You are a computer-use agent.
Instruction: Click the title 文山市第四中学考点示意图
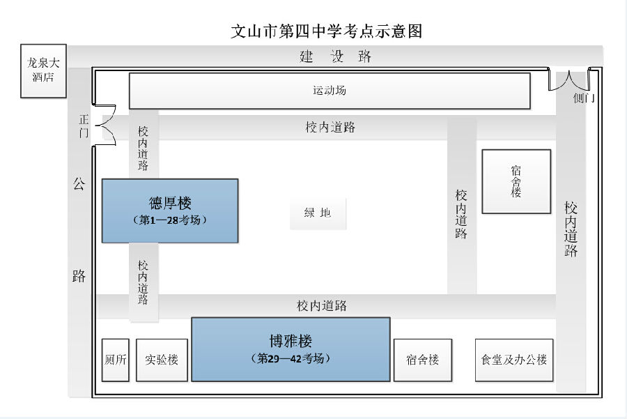click(x=327, y=31)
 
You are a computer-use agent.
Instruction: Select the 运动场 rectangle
click(x=330, y=91)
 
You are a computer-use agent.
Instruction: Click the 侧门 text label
click(x=583, y=98)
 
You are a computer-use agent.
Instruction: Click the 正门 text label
click(x=84, y=125)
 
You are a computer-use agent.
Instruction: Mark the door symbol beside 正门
click(x=104, y=126)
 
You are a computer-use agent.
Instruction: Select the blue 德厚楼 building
click(x=170, y=211)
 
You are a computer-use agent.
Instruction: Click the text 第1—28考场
click(x=170, y=220)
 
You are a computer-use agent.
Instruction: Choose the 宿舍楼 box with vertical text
click(x=516, y=181)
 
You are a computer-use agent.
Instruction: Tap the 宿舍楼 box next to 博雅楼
click(x=422, y=360)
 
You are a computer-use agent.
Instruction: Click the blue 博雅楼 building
click(x=291, y=349)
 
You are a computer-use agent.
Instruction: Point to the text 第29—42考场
click(x=291, y=358)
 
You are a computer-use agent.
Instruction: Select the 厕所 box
click(x=116, y=360)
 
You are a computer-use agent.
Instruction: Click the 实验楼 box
click(x=162, y=360)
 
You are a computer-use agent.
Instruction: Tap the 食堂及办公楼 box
click(x=514, y=360)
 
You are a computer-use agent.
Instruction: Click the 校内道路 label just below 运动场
click(x=330, y=127)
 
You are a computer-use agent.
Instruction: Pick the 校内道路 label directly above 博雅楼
click(x=321, y=305)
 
